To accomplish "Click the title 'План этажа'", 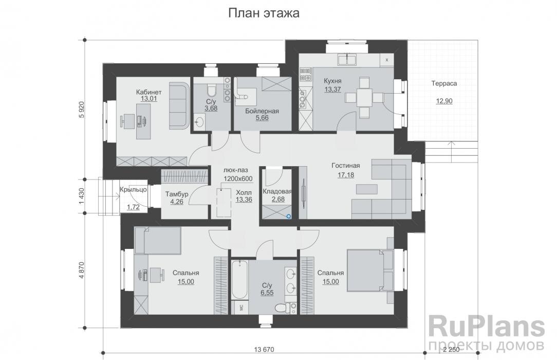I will (264, 13).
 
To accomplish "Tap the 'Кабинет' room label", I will (146, 92).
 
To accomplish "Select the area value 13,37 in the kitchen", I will (333, 89).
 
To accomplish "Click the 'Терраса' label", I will (444, 83).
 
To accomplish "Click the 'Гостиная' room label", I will (345, 166).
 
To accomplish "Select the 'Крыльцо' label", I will (134, 189).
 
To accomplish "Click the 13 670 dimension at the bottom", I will (264, 350).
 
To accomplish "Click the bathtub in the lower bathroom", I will (239, 280).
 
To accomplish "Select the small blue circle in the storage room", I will (289, 217).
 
